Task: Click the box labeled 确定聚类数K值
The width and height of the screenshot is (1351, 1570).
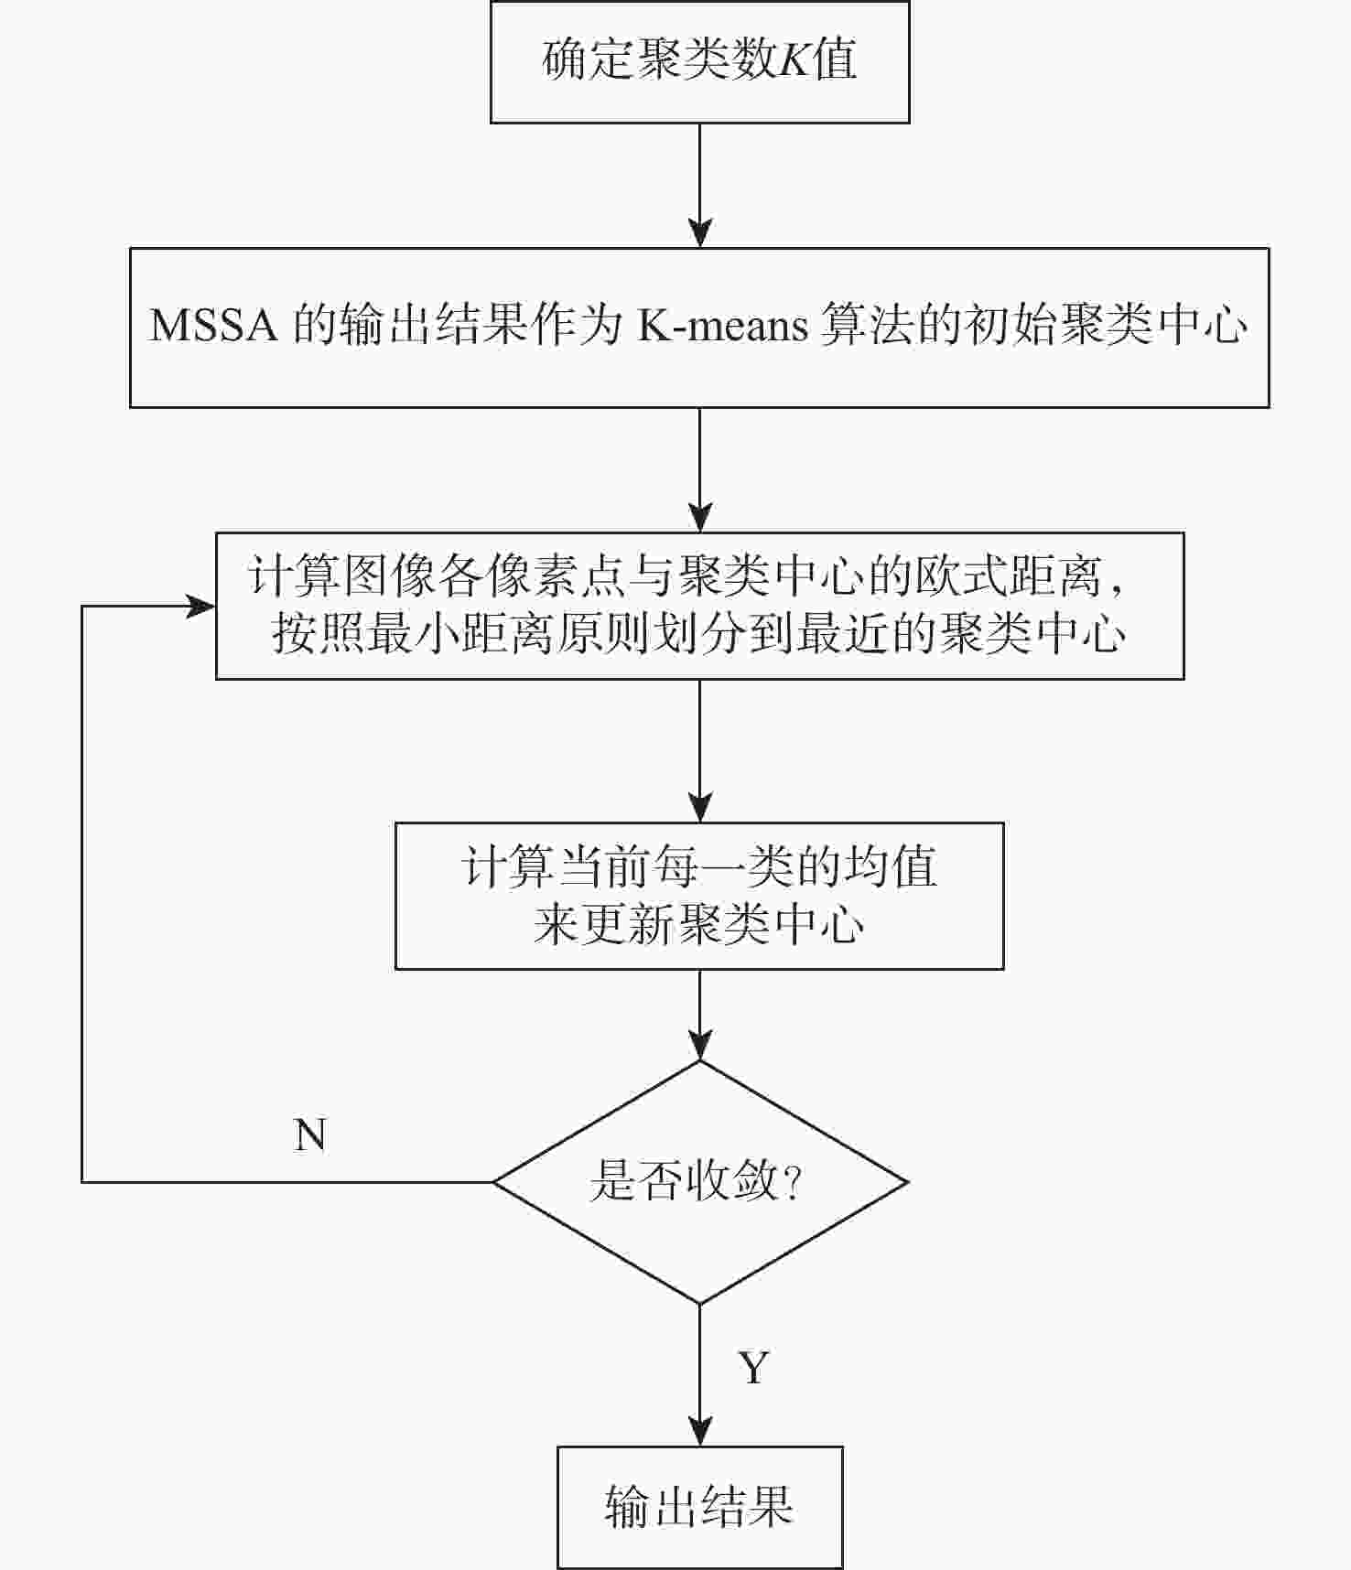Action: click(700, 62)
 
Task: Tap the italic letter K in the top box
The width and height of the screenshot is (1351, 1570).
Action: click(791, 61)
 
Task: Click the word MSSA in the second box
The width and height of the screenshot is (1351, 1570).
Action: click(213, 326)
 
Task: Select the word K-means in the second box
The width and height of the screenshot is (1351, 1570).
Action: click(723, 326)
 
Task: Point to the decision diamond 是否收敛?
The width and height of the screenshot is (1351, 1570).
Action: click(700, 1182)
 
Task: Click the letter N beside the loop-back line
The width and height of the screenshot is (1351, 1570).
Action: click(310, 1135)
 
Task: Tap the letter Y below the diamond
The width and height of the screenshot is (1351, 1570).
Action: click(753, 1368)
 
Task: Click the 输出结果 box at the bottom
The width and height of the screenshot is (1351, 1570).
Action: click(700, 1507)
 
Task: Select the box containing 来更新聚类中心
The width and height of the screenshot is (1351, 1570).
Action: click(699, 896)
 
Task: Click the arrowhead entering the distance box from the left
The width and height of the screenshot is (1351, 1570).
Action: click(201, 606)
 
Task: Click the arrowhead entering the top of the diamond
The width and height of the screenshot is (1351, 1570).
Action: click(700, 1046)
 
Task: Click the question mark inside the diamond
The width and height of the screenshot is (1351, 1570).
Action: click(793, 1182)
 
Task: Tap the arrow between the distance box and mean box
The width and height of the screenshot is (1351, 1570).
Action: click(700, 751)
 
